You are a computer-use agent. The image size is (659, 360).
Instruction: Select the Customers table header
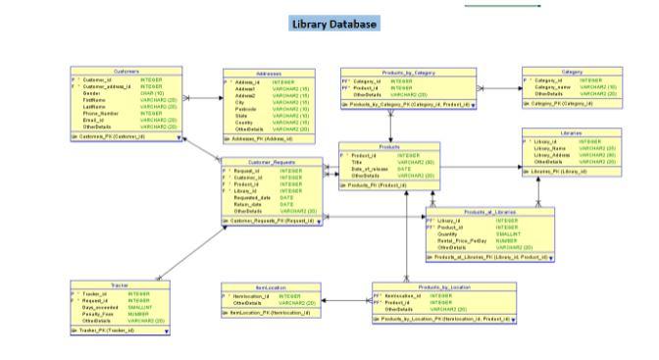coord(127,71)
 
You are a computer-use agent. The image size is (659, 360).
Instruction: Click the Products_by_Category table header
coord(407,72)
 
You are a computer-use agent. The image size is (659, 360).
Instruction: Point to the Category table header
coord(572,72)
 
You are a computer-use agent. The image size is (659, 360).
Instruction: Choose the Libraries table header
coord(572,132)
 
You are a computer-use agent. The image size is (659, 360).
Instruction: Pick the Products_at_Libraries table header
coord(489,212)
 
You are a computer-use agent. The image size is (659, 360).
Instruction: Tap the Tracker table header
coord(120,284)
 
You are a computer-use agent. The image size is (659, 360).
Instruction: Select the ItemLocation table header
coord(270,285)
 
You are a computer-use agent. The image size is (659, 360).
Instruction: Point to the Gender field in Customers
coord(94,92)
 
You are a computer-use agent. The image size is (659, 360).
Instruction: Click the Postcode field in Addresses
coord(244,109)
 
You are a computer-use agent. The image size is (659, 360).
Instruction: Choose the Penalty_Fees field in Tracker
coord(98,315)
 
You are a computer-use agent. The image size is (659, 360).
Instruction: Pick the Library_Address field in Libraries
coord(552,155)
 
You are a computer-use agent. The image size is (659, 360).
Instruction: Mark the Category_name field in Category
coord(553,87)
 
